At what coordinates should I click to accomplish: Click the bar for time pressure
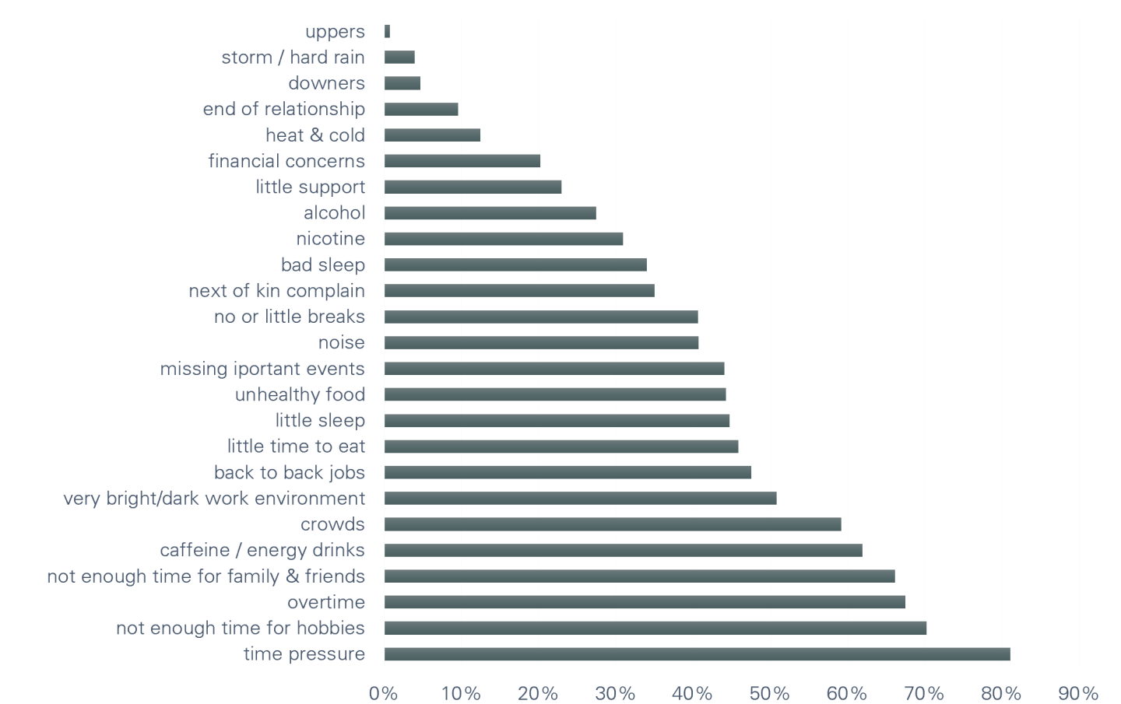(697, 654)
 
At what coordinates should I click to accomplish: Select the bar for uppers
(387, 31)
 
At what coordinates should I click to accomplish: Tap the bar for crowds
(613, 524)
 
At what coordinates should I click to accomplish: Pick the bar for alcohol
(490, 213)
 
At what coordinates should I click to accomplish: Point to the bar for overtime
(645, 602)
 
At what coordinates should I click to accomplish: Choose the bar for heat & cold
(433, 135)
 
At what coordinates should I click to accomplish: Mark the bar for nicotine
(504, 239)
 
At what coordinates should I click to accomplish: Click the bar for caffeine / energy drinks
(623, 551)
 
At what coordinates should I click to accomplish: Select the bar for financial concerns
(462, 161)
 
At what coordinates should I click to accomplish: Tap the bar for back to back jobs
(568, 472)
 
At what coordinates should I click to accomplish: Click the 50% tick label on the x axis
(770, 692)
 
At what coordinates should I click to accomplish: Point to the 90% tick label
(1078, 692)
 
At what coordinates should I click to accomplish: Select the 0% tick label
(383, 692)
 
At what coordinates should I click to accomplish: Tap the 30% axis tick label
(616, 692)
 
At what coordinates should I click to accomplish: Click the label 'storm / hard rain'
(293, 58)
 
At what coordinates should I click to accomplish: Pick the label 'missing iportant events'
(262, 369)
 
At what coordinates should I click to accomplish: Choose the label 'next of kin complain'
(276, 291)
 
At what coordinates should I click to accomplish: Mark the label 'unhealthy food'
(300, 394)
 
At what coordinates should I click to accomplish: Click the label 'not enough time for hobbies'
(241, 628)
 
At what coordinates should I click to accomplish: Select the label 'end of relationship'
(283, 109)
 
